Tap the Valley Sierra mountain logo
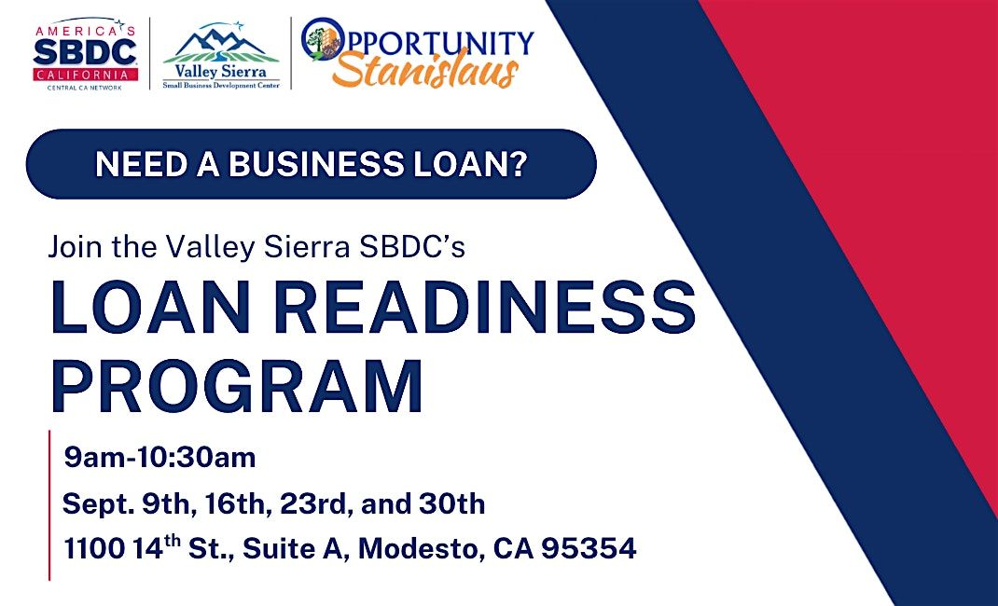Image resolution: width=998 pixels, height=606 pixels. (x=221, y=55)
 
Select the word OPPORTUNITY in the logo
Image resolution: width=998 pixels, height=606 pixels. (x=418, y=41)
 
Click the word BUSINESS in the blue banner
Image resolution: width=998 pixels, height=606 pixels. (x=315, y=164)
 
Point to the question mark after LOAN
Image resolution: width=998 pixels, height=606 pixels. (x=520, y=164)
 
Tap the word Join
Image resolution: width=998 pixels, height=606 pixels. (x=76, y=247)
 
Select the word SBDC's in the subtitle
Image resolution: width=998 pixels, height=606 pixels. (x=412, y=247)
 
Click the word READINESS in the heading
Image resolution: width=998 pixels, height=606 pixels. (x=484, y=307)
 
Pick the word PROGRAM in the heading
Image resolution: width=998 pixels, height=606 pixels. (x=237, y=387)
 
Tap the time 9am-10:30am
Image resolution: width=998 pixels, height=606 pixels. (x=159, y=457)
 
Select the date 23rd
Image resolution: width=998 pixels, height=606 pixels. (x=315, y=504)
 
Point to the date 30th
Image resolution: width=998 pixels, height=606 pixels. (x=452, y=504)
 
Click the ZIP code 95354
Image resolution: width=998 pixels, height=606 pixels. (x=589, y=549)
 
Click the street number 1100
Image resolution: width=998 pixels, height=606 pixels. (x=95, y=549)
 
